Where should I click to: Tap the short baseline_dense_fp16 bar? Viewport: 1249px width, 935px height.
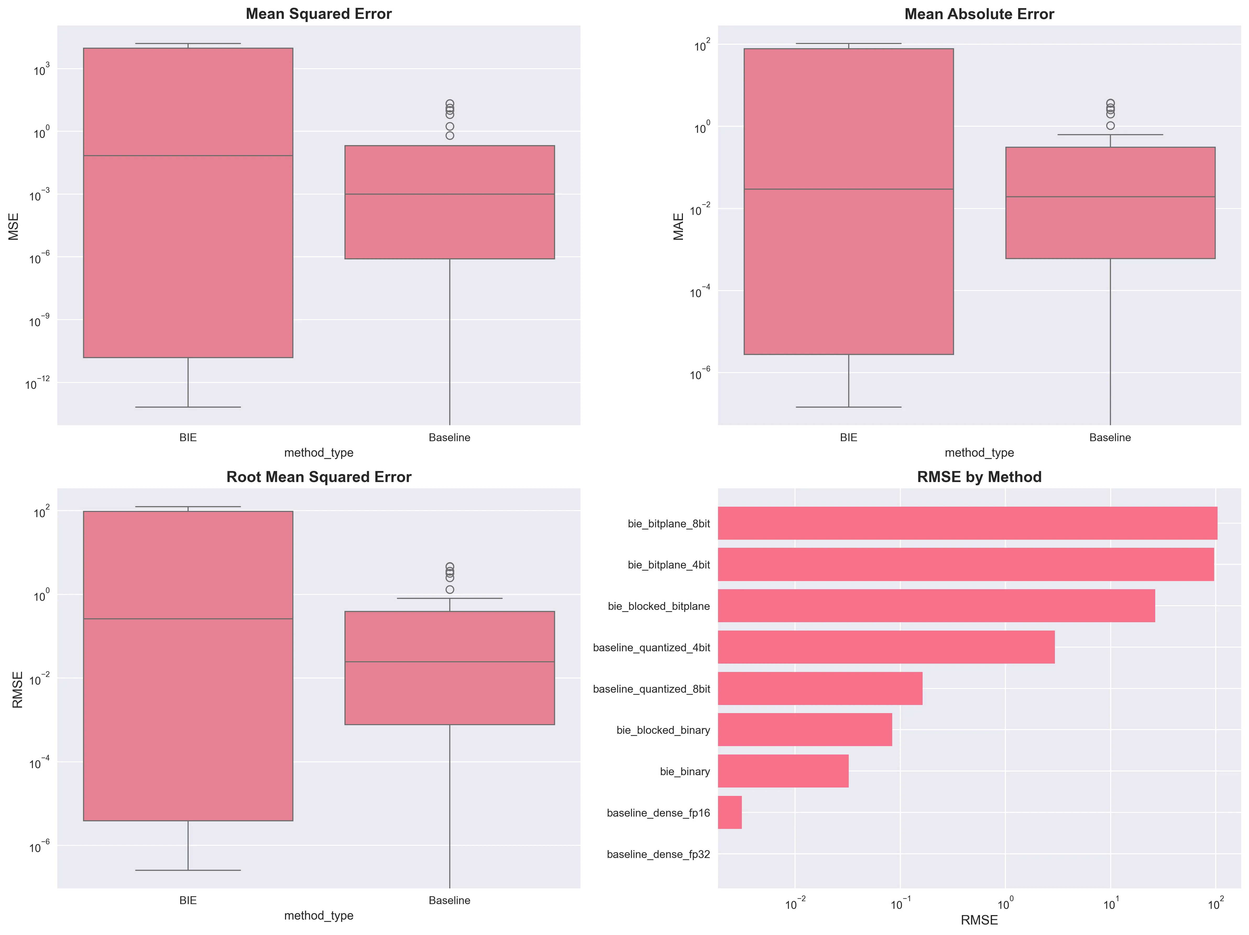click(x=730, y=812)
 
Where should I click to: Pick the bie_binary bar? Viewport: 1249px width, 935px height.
click(x=783, y=771)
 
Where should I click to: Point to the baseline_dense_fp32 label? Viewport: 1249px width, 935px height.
click(x=658, y=854)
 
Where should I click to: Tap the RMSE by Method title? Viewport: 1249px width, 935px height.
click(x=979, y=477)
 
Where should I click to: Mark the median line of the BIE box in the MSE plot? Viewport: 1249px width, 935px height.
click(x=188, y=155)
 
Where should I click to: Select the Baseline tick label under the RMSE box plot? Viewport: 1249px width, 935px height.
click(x=450, y=900)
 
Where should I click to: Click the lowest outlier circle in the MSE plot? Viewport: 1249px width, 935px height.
click(x=450, y=135)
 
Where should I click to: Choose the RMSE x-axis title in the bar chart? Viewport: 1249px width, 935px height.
click(x=979, y=920)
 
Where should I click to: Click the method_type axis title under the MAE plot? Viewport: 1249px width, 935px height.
click(x=979, y=453)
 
